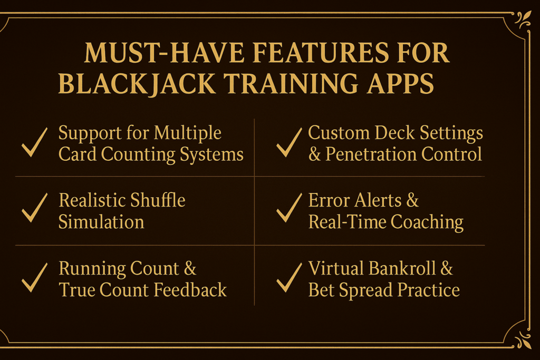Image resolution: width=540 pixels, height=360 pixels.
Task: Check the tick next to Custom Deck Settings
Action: click(289, 143)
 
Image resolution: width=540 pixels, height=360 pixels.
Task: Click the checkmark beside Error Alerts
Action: click(289, 210)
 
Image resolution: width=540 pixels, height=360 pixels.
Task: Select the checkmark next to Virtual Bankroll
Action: click(289, 279)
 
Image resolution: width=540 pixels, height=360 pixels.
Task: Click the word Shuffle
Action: click(157, 200)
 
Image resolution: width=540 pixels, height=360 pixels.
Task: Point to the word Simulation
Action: click(101, 222)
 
